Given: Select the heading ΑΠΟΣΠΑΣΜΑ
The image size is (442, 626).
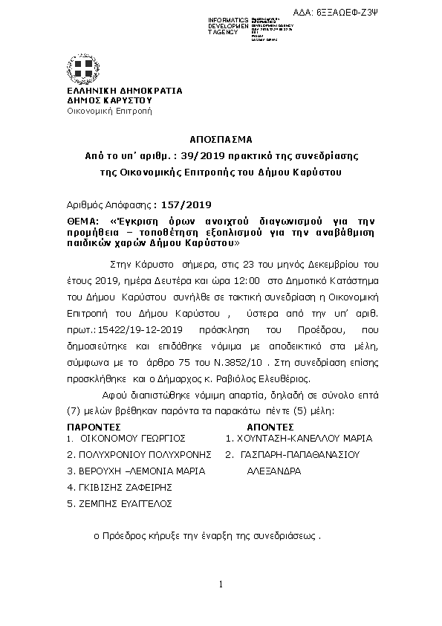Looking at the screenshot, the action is pos(221,139).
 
